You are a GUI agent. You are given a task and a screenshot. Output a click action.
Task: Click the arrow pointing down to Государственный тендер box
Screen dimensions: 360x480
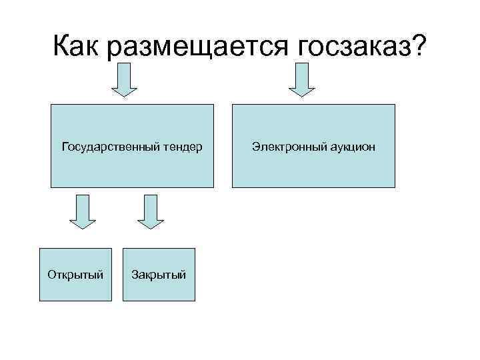click(123, 80)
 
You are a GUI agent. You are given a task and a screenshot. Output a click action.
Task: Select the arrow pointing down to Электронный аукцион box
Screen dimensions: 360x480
click(301, 80)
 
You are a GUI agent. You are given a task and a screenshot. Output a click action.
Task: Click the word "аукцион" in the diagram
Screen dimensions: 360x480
click(351, 146)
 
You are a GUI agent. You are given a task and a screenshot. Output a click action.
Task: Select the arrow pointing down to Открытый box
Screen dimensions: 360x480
click(83, 211)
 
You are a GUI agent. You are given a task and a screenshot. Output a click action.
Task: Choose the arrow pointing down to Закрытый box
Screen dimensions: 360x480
click(150, 211)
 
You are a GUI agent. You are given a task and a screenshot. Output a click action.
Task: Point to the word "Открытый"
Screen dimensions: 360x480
click(75, 274)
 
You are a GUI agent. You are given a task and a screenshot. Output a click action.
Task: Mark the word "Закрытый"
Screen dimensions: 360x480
click(159, 274)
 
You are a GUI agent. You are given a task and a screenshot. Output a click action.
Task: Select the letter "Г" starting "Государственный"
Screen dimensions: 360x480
click(64, 145)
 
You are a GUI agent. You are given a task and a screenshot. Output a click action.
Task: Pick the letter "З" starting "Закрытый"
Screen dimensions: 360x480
click(135, 274)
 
